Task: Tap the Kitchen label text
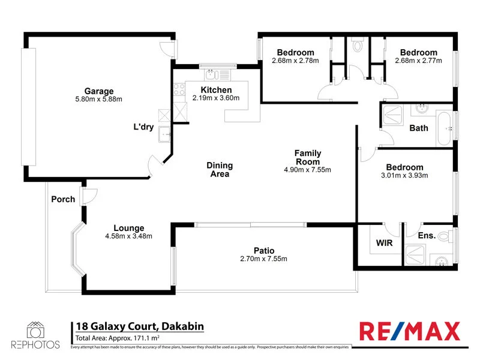216,90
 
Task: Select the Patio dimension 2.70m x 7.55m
263,259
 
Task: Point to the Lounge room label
129,228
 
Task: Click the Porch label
63,199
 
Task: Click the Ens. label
427,235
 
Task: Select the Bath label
419,128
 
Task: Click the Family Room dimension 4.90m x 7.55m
308,170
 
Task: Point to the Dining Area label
220,170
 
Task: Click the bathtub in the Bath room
445,128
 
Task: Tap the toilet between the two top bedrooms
359,45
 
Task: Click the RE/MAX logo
410,331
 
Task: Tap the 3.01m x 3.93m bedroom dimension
404,176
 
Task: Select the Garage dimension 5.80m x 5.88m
99,99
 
